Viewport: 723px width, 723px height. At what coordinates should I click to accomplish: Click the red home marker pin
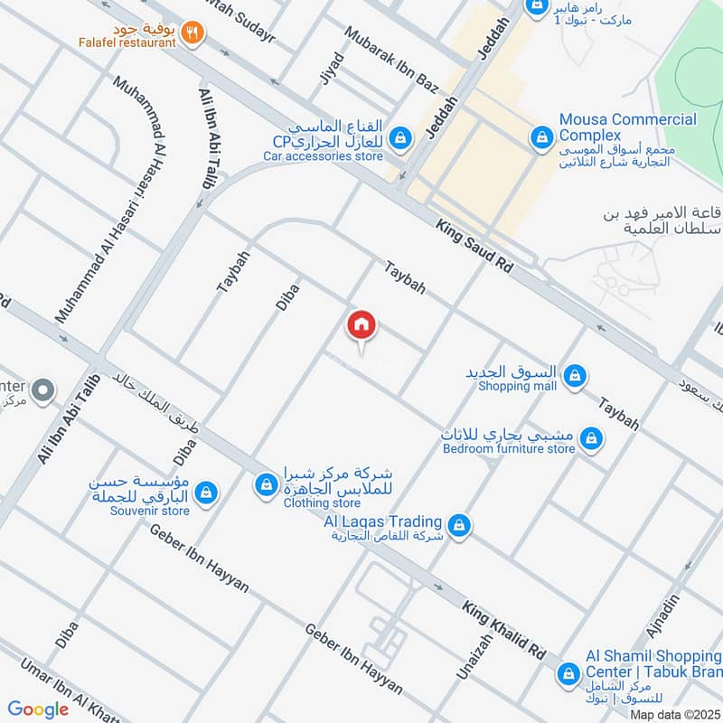(361, 326)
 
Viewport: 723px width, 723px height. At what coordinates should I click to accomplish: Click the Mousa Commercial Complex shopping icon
(540, 137)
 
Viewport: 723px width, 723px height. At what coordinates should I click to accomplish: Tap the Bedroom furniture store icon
(591, 439)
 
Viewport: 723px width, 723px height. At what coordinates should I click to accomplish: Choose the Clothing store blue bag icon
(266, 485)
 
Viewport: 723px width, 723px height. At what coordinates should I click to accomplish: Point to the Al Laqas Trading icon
(459, 524)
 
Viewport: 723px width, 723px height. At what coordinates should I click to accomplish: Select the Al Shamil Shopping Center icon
(568, 672)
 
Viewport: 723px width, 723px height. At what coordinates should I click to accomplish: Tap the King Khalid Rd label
(506, 629)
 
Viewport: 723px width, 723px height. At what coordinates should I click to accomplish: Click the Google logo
(38, 709)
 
